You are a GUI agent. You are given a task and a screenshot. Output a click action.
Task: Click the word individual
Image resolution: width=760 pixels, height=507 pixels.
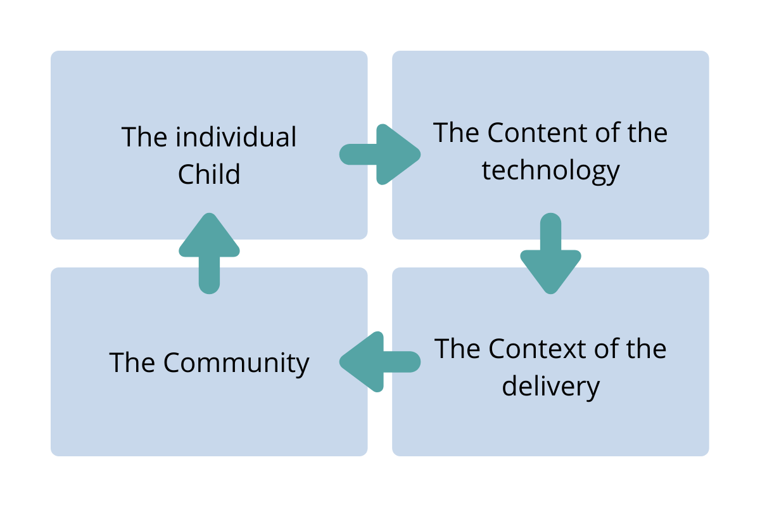(x=236, y=136)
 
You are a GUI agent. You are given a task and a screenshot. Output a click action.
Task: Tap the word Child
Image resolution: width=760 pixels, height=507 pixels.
(x=209, y=174)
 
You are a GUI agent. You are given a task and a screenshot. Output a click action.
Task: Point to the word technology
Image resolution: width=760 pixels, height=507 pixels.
(x=550, y=171)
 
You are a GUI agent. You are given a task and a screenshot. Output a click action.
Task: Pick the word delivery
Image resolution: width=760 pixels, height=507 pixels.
(x=550, y=387)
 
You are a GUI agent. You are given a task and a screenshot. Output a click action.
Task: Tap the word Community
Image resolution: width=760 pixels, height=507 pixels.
(x=236, y=363)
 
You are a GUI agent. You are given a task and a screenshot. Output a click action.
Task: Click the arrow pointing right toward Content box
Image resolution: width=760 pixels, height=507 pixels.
(x=380, y=155)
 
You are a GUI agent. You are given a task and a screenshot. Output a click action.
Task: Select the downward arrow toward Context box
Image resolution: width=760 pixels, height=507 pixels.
(x=550, y=253)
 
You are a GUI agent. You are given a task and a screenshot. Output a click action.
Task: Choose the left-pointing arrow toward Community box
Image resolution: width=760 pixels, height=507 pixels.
(x=380, y=362)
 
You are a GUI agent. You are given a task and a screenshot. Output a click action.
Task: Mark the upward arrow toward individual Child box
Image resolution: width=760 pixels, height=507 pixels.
(x=210, y=253)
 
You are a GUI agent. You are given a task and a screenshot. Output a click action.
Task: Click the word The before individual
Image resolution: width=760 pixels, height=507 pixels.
(x=144, y=136)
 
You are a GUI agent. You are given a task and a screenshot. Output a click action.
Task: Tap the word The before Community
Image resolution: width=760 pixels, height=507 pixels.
(x=132, y=363)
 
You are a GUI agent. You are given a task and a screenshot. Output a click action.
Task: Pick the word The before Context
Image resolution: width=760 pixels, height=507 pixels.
(x=457, y=349)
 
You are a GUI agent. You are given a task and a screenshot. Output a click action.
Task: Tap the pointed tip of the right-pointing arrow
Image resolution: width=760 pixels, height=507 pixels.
(x=421, y=155)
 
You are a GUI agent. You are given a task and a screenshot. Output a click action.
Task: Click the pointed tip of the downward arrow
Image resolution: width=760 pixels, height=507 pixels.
(x=550, y=293)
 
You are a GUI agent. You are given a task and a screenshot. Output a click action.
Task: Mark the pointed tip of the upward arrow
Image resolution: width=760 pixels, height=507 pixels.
(x=210, y=214)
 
